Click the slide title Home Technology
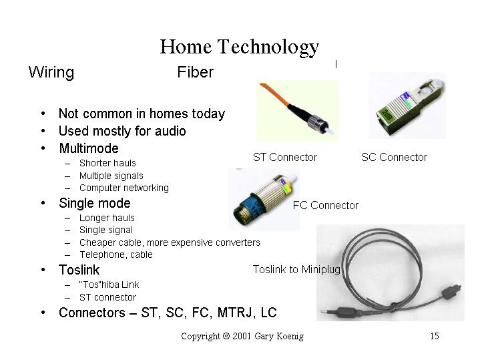coord(240,47)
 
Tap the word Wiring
coord(51,73)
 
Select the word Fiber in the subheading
coord(196,72)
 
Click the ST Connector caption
coord(285,157)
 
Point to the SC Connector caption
coord(394,157)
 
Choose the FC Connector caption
coord(325,205)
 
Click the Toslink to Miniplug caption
coord(296,269)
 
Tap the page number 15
coord(435,336)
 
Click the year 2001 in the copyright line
coord(242,336)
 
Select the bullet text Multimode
coord(89,148)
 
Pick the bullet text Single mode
coord(95,203)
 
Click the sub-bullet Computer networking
coord(124,188)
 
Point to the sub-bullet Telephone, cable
coord(116,254)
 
